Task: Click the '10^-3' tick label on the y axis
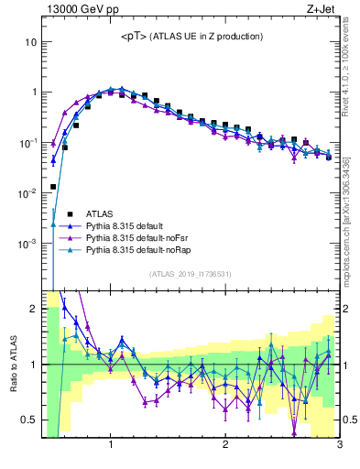pyautogui.click(x=27, y=244)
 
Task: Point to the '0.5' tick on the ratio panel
pyautogui.click(x=28, y=420)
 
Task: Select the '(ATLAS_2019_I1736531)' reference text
pyautogui.click(x=190, y=274)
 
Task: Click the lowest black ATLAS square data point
pyautogui.click(x=53, y=186)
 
